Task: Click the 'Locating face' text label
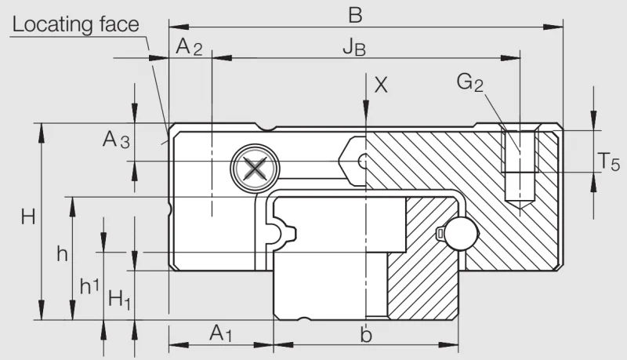point(75,24)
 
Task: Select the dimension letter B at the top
point(355,15)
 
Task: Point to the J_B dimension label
point(354,48)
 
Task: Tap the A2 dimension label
point(189,46)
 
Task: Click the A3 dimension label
point(116,140)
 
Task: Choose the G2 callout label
point(469,82)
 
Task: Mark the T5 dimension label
point(609,162)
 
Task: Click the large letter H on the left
point(28,217)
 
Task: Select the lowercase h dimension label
point(62,253)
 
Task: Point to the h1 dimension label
point(89,286)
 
